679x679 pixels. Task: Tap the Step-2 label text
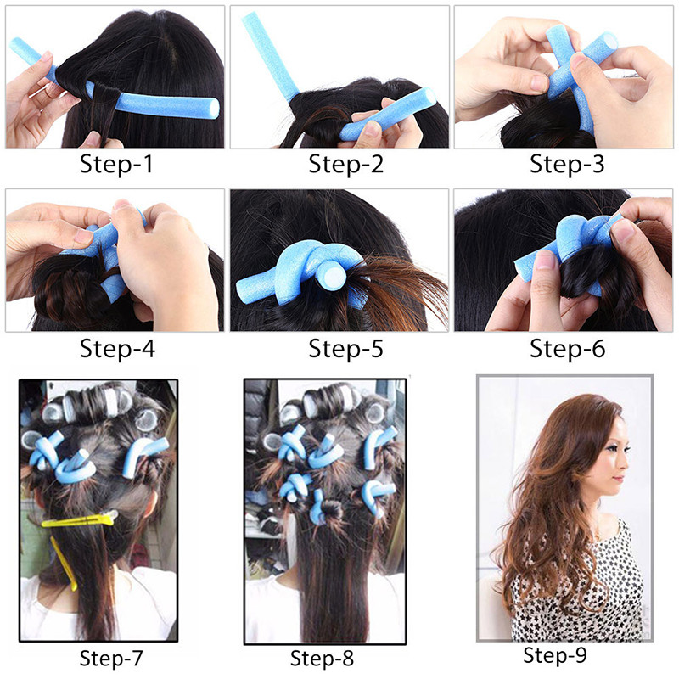(x=345, y=163)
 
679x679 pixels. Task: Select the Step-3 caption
(x=567, y=163)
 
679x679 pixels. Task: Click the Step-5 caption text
(x=345, y=347)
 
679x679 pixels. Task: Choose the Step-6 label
(x=567, y=347)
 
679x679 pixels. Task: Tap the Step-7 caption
(x=111, y=658)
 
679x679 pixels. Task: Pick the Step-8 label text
(x=322, y=658)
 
